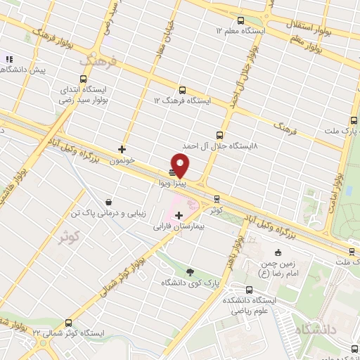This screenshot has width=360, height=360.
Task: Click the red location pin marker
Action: point(181,166)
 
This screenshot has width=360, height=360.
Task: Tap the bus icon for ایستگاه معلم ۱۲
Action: point(241,20)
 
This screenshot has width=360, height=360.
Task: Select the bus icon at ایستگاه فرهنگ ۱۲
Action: point(183,90)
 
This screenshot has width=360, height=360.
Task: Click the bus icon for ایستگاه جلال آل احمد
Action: point(219,134)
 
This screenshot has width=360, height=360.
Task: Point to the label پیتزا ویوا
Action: point(172,182)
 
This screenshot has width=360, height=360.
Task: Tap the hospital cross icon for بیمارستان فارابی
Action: point(179,216)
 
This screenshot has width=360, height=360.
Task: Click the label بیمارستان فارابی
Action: point(179,227)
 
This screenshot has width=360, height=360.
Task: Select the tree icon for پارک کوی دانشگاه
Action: point(190,272)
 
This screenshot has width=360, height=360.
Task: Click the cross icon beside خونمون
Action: point(122,149)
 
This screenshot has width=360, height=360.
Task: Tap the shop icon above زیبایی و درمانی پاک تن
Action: point(108,201)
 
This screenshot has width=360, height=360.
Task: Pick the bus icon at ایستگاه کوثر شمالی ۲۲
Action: point(67,321)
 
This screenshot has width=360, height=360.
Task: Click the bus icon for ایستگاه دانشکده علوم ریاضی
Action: point(250,289)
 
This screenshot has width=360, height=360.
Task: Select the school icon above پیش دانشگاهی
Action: point(8,60)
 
